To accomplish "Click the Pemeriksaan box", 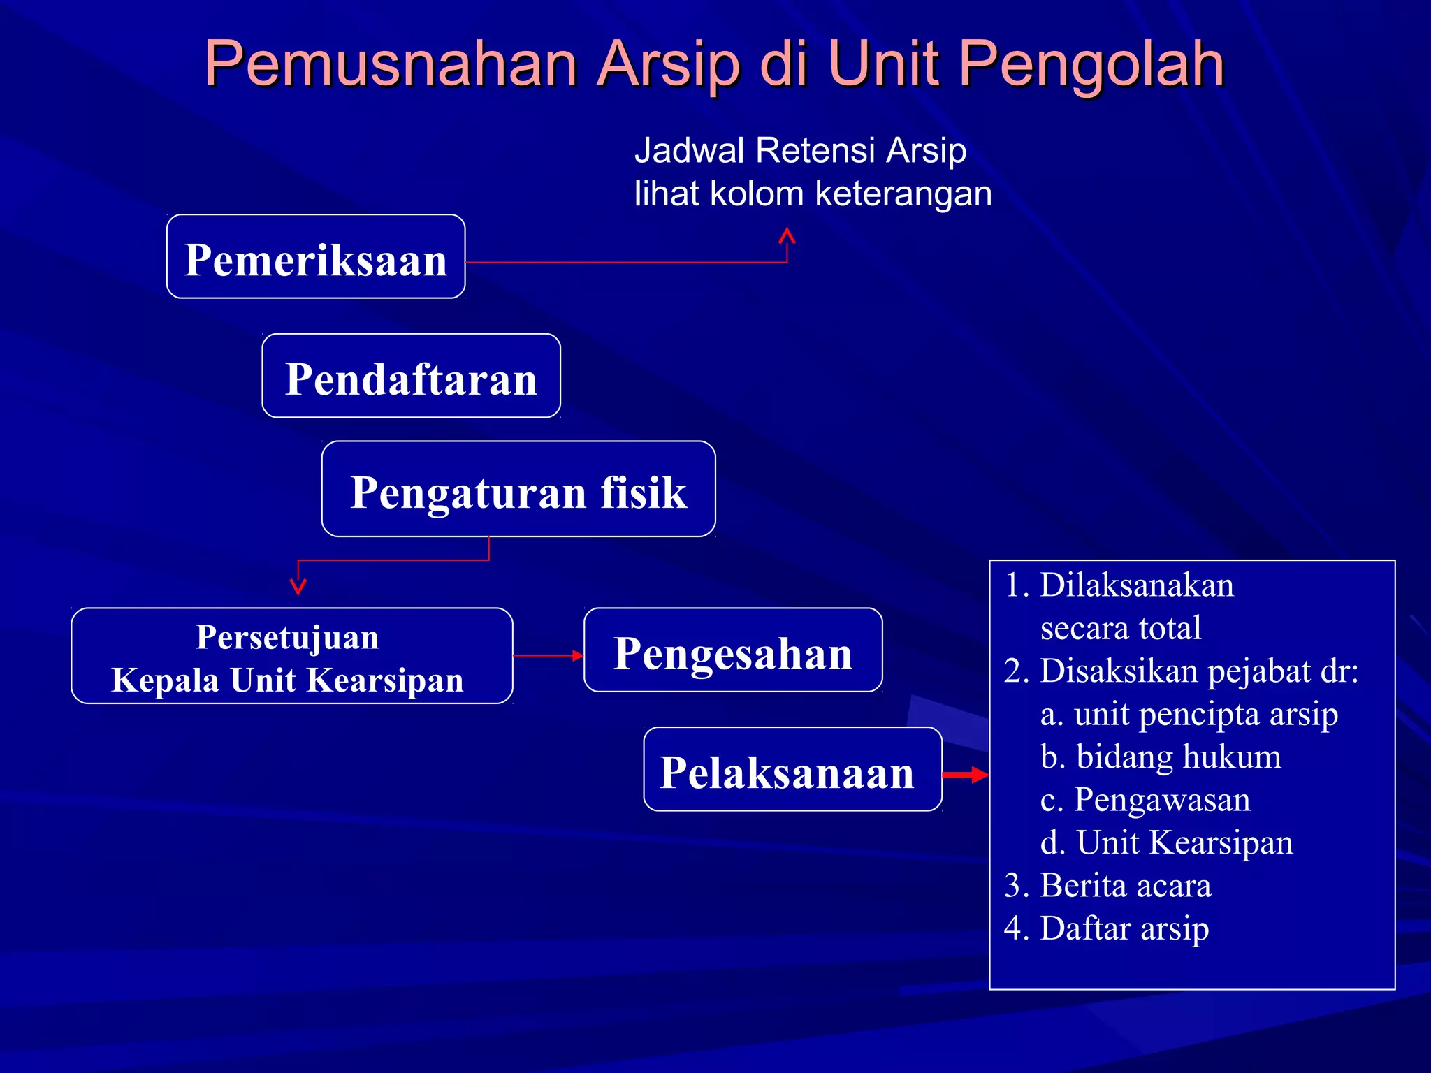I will point(316,257).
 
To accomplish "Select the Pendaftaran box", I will point(411,376).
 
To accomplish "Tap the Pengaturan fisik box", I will point(518,489).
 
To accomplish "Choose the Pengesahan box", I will point(733,650).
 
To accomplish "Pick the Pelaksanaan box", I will point(792,769).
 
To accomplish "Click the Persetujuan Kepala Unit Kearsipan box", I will point(291,656).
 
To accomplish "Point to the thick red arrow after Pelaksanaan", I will point(966,774).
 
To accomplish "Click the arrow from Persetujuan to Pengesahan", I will point(549,655).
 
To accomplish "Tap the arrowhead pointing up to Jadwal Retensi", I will point(787,236).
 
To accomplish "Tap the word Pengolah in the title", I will point(1091,64).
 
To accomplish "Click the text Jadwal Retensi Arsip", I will point(800,150).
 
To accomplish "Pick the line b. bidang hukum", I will point(1161,757).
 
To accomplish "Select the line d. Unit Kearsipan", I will point(1166,842).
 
